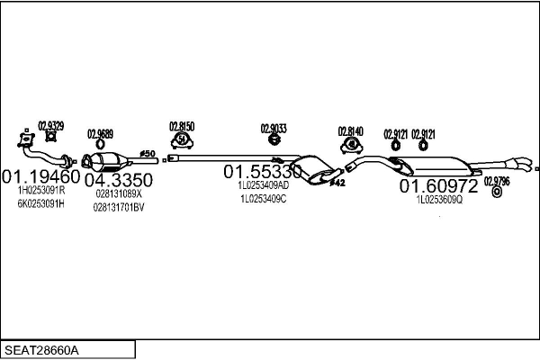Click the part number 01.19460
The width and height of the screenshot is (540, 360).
tap(41, 176)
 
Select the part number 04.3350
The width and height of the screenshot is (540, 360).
tap(118, 179)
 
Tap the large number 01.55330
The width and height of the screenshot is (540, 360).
tap(263, 171)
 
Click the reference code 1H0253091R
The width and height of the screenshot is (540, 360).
tap(40, 190)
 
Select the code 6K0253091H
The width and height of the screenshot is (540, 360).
tap(40, 203)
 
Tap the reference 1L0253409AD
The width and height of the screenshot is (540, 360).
tap(263, 184)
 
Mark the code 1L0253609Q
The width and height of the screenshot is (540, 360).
tap(438, 200)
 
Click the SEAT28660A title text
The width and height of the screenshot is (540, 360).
tap(42, 349)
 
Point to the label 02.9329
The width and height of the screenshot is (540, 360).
tap(50, 126)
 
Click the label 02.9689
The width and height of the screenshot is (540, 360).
tap(100, 134)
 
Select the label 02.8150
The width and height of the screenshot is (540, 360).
tap(183, 126)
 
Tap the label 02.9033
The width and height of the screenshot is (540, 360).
tap(274, 128)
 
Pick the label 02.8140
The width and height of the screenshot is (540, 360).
tap(350, 130)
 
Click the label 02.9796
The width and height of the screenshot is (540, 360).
tap(497, 180)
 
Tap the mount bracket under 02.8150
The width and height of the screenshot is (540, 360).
tap(184, 140)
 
